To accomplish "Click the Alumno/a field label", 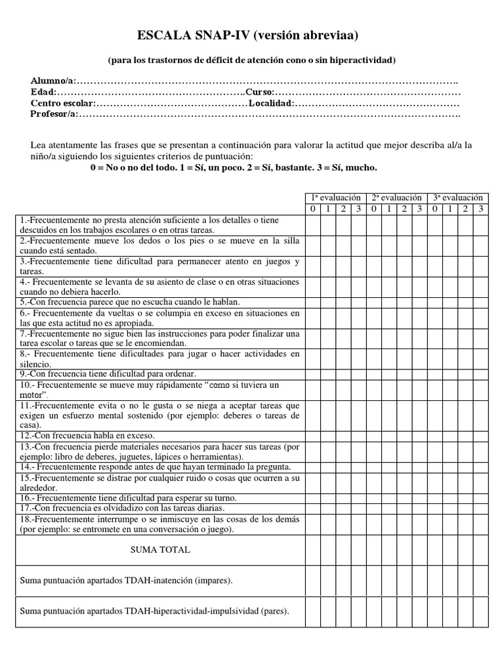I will pos(52,81).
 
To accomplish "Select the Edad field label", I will pos(43,93).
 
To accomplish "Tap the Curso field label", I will pos(259,93).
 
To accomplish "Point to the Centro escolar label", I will pos(62,104).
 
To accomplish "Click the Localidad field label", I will pos(270,104).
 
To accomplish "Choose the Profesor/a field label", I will pos(53,114).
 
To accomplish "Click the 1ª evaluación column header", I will pos(335,198).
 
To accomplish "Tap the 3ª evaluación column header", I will pos(458,198).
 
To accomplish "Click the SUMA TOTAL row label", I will pos(160,550).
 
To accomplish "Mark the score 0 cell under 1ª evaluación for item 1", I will pos(312,224).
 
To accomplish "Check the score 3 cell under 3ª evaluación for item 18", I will pos(481,524).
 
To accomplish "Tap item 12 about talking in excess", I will pos(88,435).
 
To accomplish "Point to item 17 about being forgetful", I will pos(123,508).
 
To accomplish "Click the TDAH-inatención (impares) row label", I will pos(127,581).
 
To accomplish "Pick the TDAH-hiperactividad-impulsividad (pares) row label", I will pos(155,611).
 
